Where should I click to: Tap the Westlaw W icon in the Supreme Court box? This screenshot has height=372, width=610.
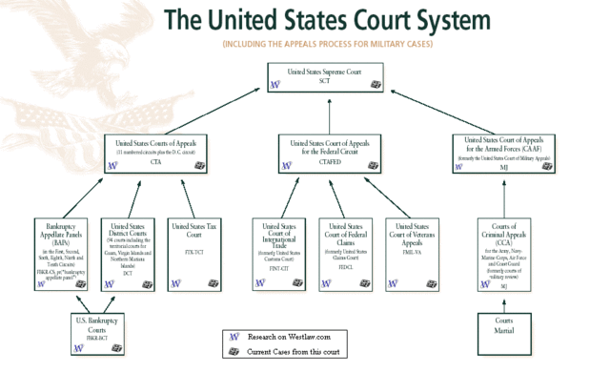(275, 84)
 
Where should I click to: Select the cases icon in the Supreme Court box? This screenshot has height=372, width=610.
(376, 84)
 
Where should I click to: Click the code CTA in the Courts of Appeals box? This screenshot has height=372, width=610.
(155, 162)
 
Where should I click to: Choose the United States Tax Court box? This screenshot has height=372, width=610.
(193, 250)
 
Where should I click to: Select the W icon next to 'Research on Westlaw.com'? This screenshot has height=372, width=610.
(234, 337)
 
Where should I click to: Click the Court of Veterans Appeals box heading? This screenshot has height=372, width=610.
(411, 234)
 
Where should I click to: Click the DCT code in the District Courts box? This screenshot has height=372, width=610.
(126, 274)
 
